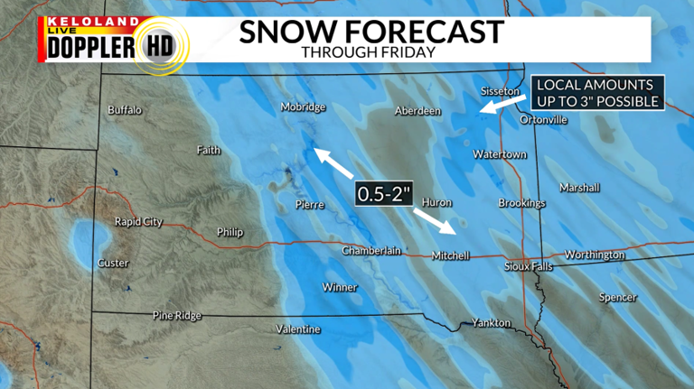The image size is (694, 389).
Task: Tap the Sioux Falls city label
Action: pyautogui.click(x=527, y=266)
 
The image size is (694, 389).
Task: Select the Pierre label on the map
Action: pyautogui.click(x=309, y=205)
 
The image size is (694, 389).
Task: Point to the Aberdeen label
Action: pyautogui.click(x=417, y=111)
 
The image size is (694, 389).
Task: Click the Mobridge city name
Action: pyautogui.click(x=303, y=107)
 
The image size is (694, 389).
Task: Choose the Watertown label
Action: pyautogui.click(x=500, y=154)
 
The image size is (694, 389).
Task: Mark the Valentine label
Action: pyautogui.click(x=298, y=329)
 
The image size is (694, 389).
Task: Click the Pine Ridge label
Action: pyautogui.click(x=177, y=316)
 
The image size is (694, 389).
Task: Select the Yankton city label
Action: pyautogui.click(x=491, y=323)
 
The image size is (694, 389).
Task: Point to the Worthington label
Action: pyautogui.click(x=595, y=255)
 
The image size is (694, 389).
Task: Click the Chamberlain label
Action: pyautogui.click(x=370, y=251)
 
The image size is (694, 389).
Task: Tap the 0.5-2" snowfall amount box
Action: pyautogui.click(x=383, y=194)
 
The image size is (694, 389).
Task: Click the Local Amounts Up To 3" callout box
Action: pyautogui.click(x=597, y=93)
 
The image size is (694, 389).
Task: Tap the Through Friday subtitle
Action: pyautogui.click(x=369, y=52)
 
